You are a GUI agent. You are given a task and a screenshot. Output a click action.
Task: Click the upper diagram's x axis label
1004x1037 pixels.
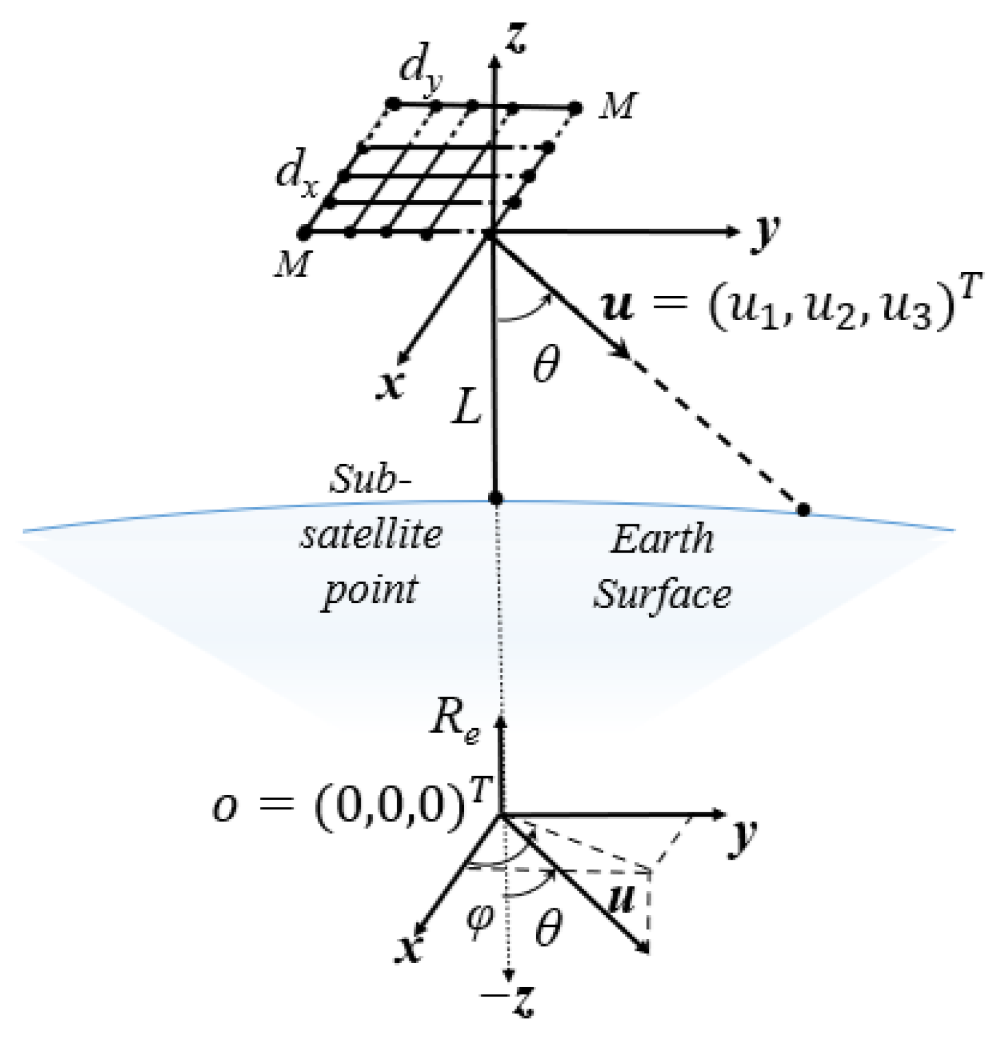tap(390, 386)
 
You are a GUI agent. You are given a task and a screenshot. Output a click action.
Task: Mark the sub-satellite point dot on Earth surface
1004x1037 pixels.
tap(496, 498)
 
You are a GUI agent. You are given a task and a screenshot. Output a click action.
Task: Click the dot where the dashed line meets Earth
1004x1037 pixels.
tap(803, 510)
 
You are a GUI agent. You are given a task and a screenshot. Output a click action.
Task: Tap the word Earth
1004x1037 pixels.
tap(662, 540)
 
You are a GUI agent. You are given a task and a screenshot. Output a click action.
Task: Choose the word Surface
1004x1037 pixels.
tap(662, 595)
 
